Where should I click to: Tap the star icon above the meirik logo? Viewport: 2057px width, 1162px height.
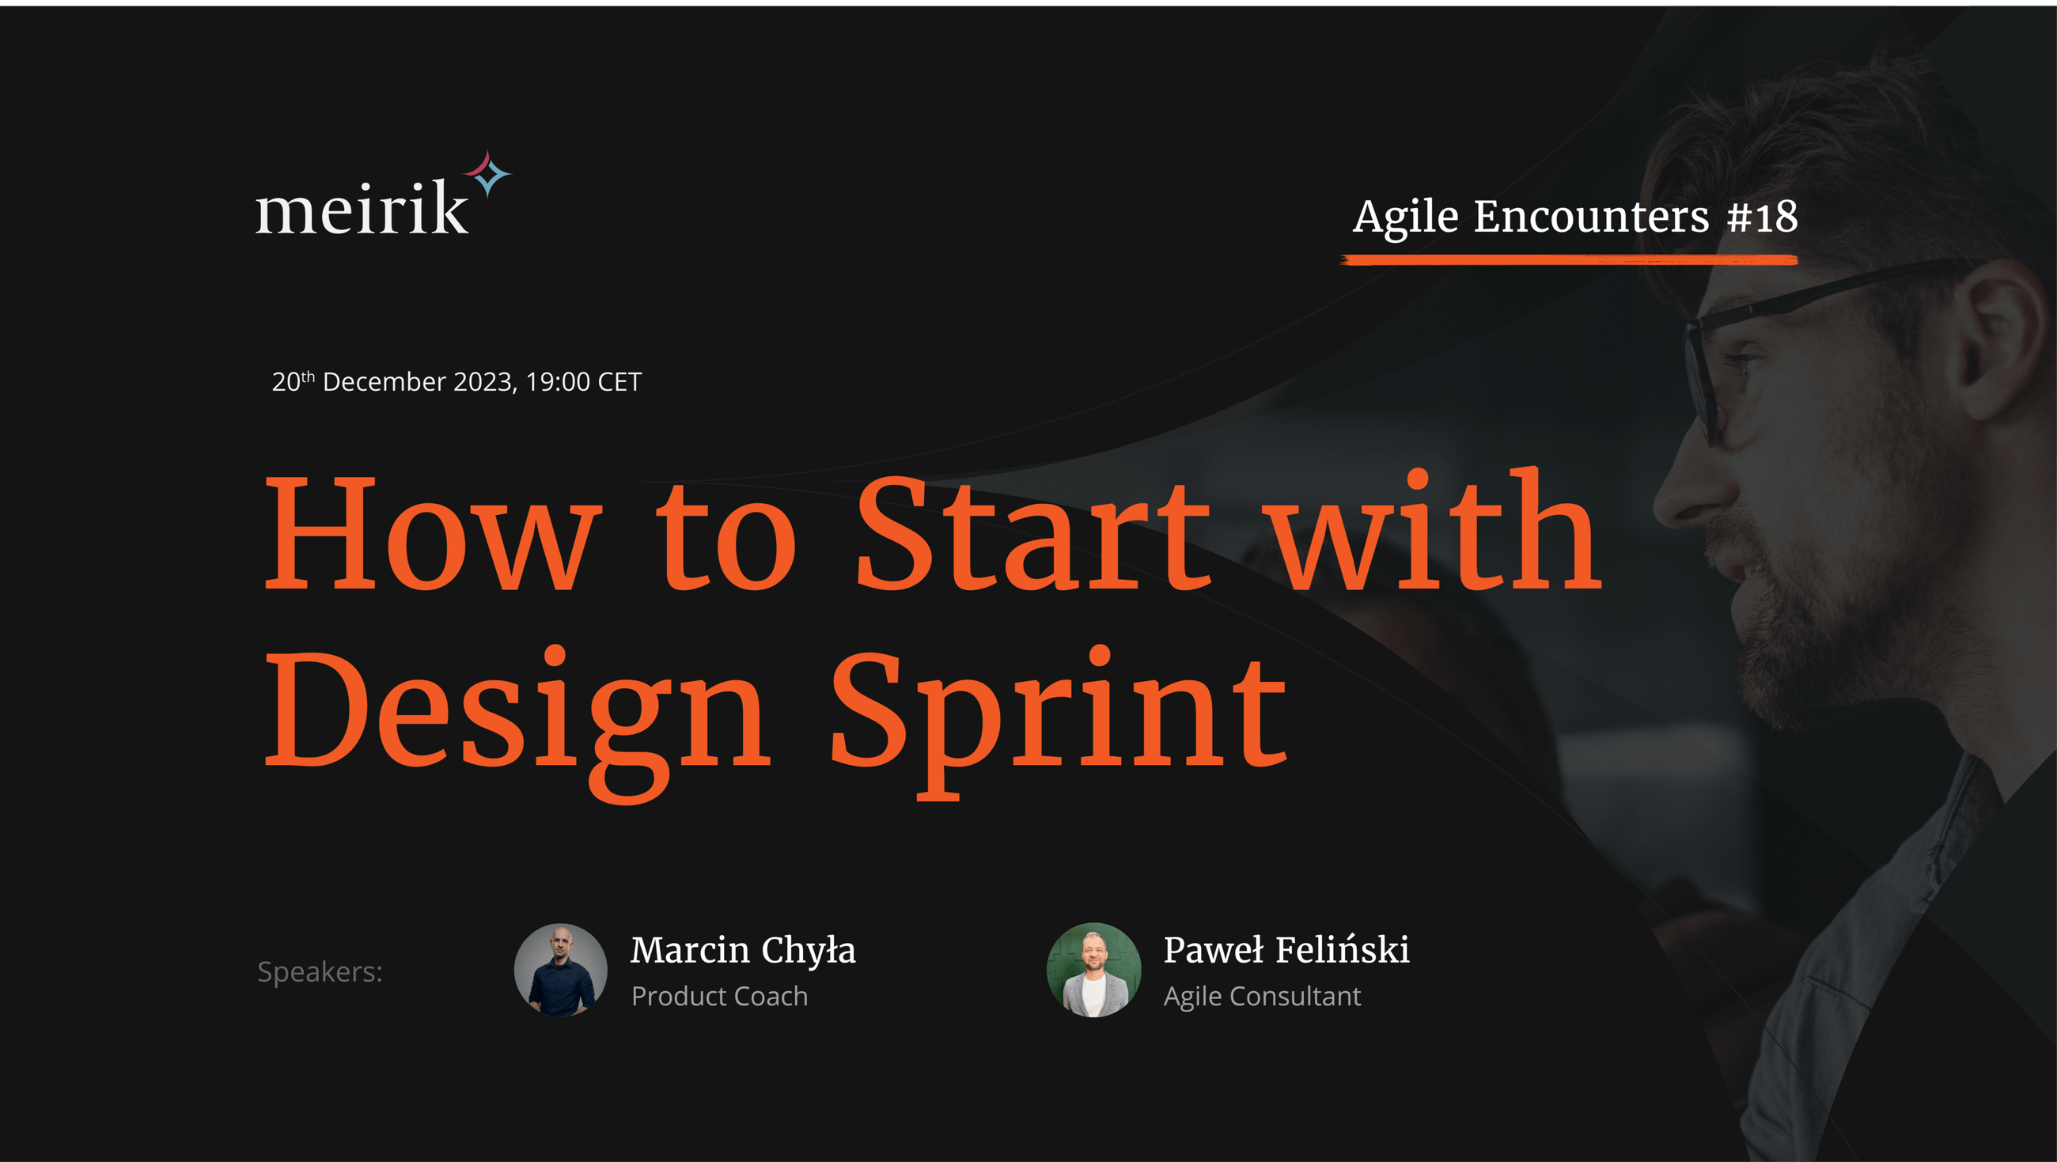point(488,173)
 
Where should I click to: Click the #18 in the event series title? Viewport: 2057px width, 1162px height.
point(1763,217)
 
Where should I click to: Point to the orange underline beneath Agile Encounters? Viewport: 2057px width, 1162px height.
point(1568,259)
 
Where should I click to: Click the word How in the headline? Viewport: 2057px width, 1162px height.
point(431,533)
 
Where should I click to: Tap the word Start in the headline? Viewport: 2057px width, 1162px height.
point(1033,533)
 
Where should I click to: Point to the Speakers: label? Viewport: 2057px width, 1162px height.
point(320,972)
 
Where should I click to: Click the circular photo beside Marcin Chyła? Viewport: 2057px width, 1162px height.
point(561,970)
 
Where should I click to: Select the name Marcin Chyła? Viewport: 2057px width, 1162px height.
point(743,950)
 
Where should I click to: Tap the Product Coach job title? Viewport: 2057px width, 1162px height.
point(719,997)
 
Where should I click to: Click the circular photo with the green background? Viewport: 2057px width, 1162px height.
point(1093,970)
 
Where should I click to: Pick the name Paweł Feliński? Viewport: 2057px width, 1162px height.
point(1286,950)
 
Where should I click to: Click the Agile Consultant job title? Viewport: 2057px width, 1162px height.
point(1262,997)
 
